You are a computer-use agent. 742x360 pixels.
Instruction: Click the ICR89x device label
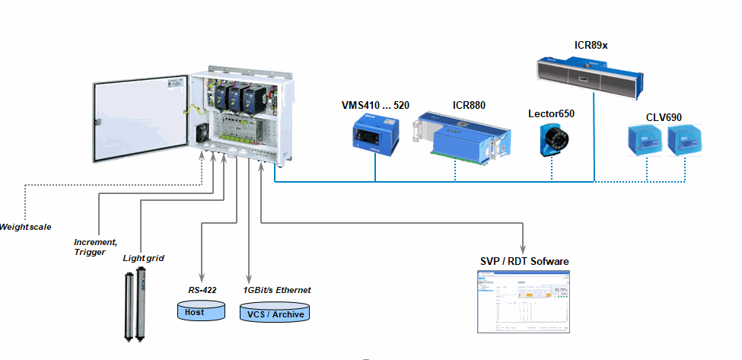[x=591, y=46]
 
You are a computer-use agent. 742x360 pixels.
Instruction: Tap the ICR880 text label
[x=469, y=105]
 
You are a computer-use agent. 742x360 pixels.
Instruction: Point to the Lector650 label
[x=551, y=113]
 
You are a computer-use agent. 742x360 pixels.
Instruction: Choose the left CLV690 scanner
[x=644, y=142]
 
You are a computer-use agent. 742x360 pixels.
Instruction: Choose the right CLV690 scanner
[x=682, y=142]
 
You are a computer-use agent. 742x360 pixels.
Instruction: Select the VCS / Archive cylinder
[x=275, y=313]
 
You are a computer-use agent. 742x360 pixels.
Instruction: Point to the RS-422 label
[x=203, y=290]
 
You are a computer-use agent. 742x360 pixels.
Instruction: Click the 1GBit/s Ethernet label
[x=277, y=290]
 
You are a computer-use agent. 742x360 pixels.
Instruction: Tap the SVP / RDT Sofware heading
[x=524, y=262]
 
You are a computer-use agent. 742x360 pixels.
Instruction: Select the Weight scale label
[x=25, y=227]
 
